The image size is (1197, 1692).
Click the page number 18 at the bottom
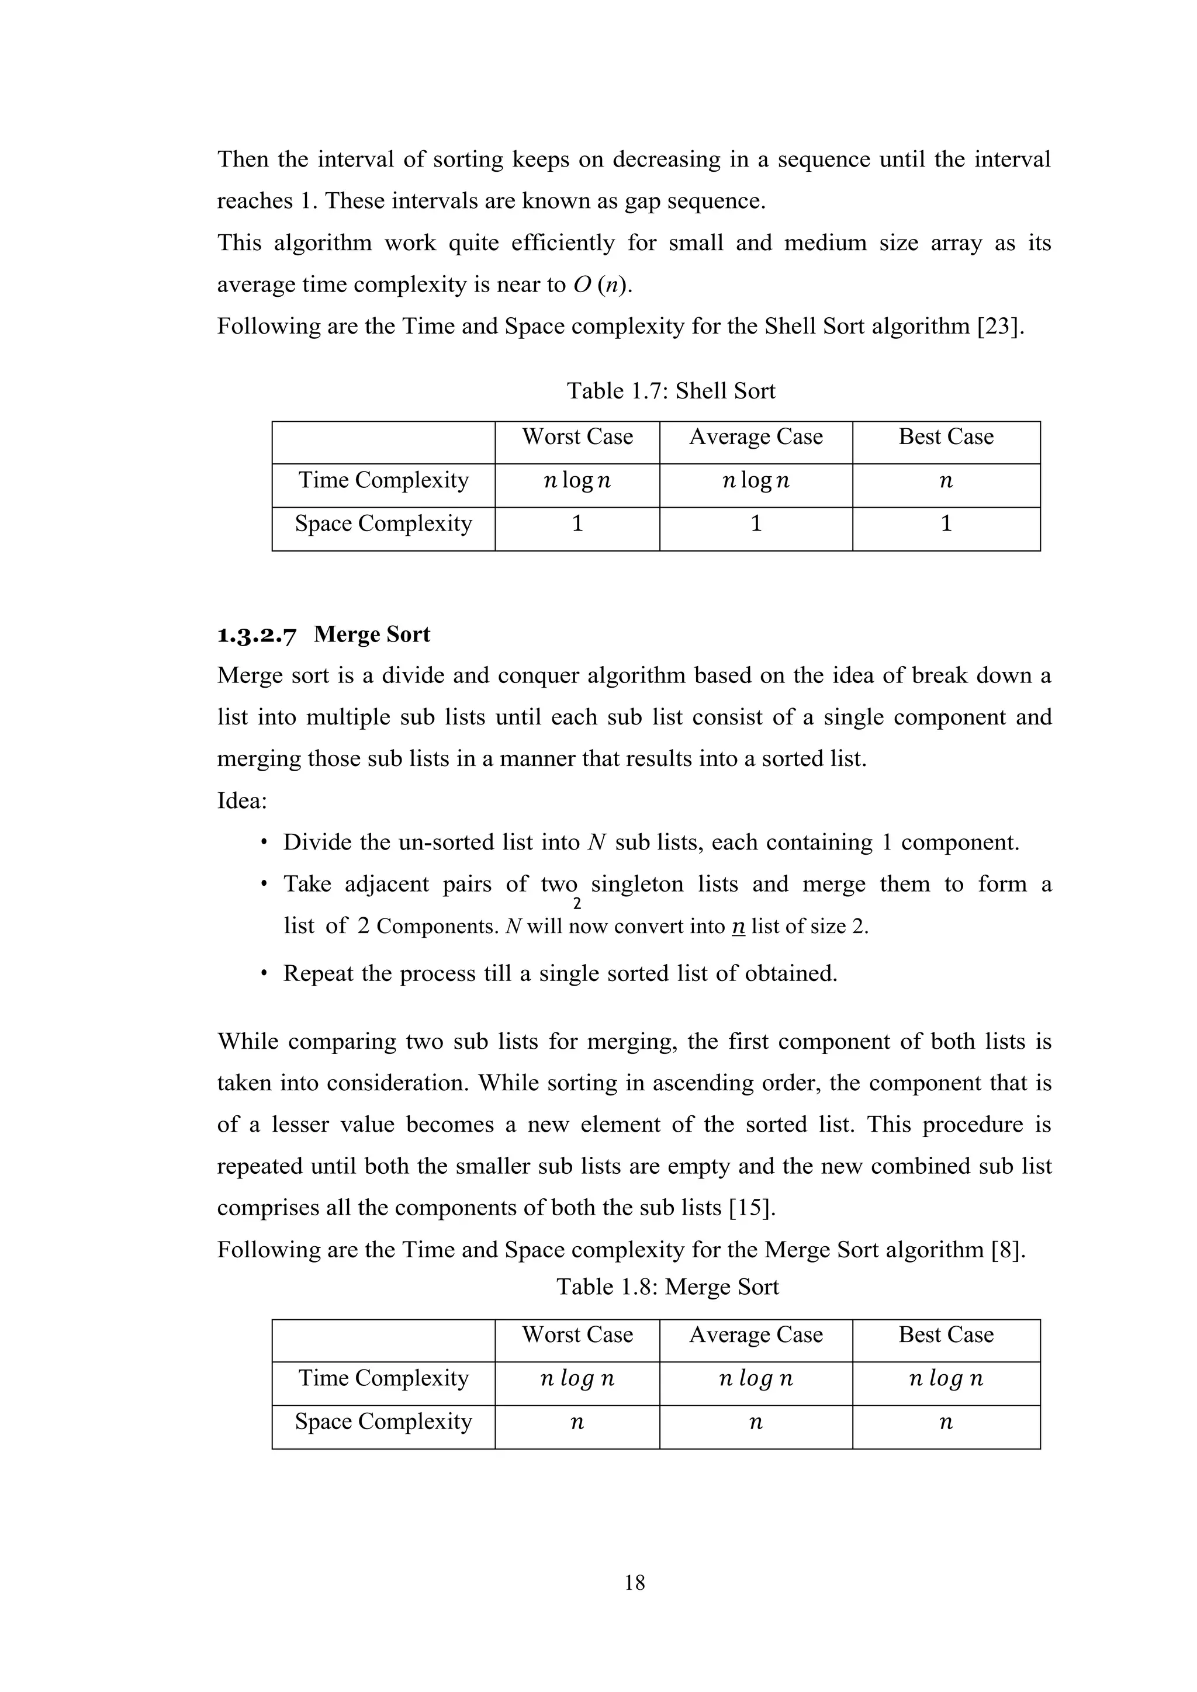[635, 1582]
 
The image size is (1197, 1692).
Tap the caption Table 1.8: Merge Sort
[667, 1287]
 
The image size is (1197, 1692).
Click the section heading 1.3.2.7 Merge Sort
[324, 634]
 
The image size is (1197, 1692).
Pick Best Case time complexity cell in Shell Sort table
[946, 481]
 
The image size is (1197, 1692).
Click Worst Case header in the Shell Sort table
[577, 437]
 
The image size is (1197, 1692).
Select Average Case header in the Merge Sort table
[756, 1334]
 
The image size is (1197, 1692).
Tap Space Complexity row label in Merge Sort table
[383, 1421]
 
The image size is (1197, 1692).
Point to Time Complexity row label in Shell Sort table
[383, 480]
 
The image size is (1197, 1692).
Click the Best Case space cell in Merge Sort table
[946, 1422]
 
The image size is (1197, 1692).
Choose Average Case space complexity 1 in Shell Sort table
[756, 524]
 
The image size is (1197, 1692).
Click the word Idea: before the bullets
[242, 800]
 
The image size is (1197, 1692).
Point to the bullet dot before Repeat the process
[263, 973]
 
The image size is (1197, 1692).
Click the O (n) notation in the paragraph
[601, 285]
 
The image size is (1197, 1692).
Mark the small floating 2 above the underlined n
[577, 905]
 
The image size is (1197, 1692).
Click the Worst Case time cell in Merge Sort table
[577, 1378]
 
